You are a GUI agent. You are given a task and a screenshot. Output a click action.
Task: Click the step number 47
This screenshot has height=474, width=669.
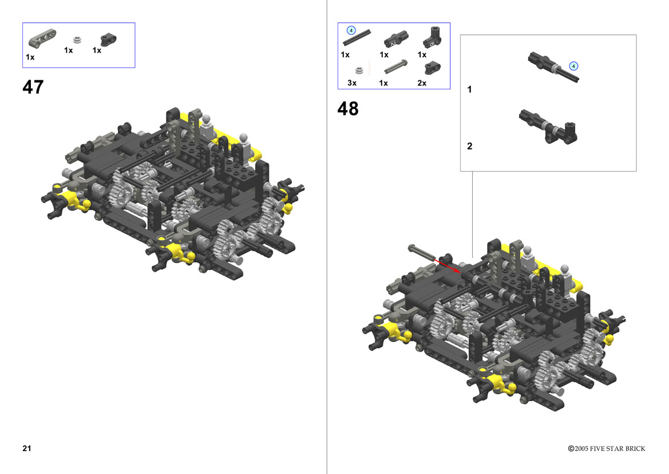[33, 87]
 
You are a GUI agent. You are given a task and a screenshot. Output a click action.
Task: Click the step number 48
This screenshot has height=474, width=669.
[348, 108]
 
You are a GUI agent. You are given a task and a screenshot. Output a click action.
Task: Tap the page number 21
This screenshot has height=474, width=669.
[27, 448]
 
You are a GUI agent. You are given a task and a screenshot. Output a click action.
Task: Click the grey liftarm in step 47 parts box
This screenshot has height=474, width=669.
[42, 38]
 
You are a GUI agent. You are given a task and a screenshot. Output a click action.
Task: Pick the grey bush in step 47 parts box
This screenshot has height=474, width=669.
[77, 40]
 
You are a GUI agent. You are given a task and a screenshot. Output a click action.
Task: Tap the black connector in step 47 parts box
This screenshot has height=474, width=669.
[108, 40]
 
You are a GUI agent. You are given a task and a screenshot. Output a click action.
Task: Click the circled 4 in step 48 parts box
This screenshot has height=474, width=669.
[351, 30]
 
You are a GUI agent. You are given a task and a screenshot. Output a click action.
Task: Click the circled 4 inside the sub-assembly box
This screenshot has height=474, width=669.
[573, 66]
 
